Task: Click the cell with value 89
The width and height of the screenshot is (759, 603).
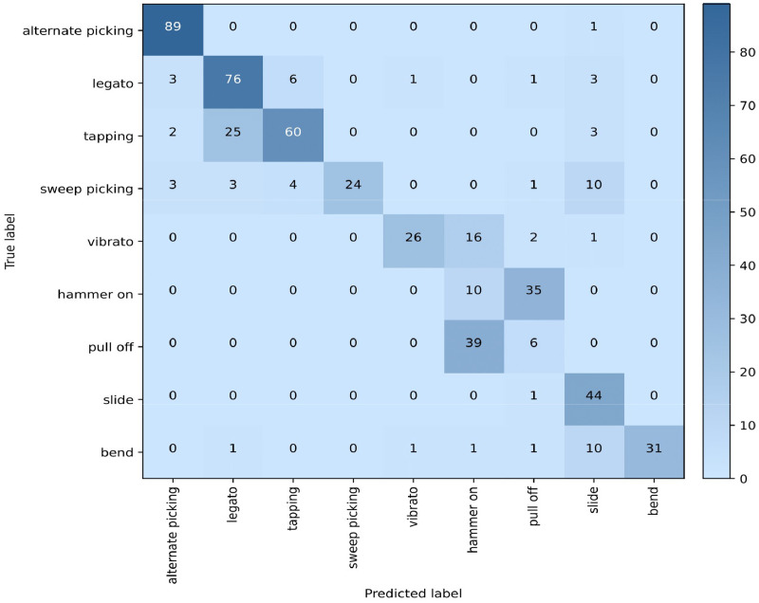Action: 172,28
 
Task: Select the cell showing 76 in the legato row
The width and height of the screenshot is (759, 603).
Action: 232,82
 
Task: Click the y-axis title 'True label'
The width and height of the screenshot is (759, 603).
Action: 10,241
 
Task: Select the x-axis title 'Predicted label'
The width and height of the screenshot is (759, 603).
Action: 413,594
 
